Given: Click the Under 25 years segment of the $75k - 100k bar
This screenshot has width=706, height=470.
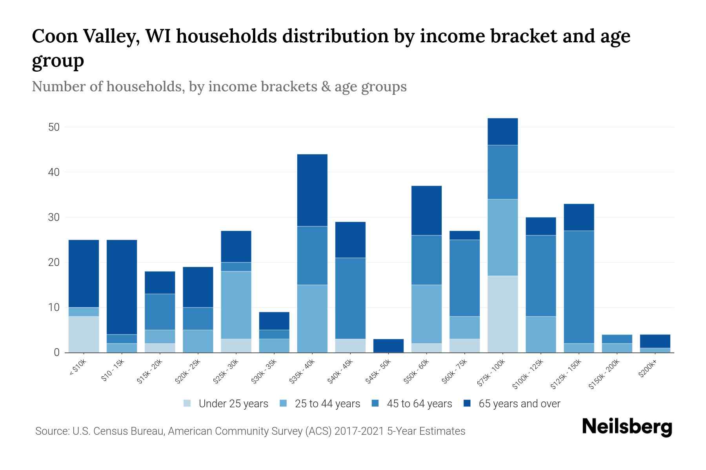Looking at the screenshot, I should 502,314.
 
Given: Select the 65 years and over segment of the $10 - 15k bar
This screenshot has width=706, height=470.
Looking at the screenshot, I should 122,287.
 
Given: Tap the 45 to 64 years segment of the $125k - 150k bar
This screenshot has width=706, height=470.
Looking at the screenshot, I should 579,287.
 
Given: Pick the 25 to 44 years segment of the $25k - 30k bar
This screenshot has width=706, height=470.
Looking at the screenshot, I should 236,305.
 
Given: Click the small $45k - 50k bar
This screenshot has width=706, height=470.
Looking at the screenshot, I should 388,345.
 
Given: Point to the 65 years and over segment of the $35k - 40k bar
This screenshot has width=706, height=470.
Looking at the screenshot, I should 312,190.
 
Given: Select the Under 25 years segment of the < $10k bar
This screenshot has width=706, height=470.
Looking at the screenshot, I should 84,334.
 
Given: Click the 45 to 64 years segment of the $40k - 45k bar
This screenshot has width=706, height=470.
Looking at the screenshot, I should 350,298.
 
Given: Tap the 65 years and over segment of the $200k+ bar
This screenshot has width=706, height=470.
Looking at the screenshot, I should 655,341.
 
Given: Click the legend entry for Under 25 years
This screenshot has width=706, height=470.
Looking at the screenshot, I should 233,404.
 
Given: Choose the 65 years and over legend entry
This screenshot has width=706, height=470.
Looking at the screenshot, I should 519,404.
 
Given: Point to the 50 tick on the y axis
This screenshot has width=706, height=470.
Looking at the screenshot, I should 54,127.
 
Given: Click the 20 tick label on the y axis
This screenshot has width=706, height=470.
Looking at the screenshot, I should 54,262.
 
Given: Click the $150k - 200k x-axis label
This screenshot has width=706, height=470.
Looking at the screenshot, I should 604,375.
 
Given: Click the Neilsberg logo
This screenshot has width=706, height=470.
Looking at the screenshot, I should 627,427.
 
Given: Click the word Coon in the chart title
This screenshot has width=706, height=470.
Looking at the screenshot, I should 54,36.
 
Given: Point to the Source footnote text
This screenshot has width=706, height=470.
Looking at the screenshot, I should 250,431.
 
